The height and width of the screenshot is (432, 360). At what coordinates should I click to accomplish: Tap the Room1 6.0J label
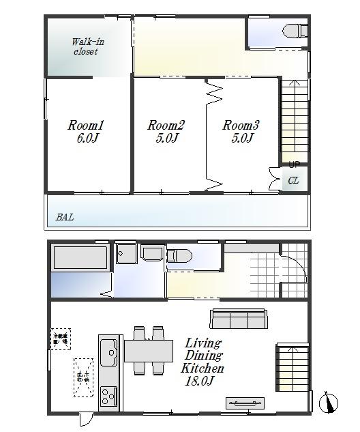click(x=85, y=132)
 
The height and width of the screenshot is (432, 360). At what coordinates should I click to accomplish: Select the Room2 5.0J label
click(x=166, y=132)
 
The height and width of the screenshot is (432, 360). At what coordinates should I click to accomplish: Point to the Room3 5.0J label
click(x=241, y=132)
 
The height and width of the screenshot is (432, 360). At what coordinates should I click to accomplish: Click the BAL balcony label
click(x=65, y=218)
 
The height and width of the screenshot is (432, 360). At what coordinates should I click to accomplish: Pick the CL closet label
click(x=293, y=181)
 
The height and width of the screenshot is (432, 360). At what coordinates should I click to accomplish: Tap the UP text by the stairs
click(x=294, y=164)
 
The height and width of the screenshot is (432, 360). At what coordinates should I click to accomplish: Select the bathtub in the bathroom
click(x=80, y=259)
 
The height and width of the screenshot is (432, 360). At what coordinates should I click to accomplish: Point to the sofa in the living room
click(x=238, y=319)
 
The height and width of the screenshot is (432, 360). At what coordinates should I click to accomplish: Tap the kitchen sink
click(x=109, y=353)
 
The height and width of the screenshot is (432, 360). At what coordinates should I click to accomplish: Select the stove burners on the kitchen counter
click(x=109, y=395)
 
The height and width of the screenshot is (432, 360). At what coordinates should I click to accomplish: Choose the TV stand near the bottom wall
click(x=245, y=403)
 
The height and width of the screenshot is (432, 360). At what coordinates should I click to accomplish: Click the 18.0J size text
click(x=200, y=381)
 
